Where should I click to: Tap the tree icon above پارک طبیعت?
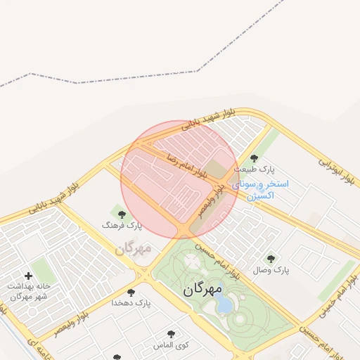[254, 158]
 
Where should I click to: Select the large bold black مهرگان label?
[202, 289]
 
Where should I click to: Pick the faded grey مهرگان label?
[134, 247]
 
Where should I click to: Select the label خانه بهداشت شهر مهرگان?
[27, 291]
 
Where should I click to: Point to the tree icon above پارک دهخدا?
[131, 292]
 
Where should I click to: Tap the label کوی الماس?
[171, 345]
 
